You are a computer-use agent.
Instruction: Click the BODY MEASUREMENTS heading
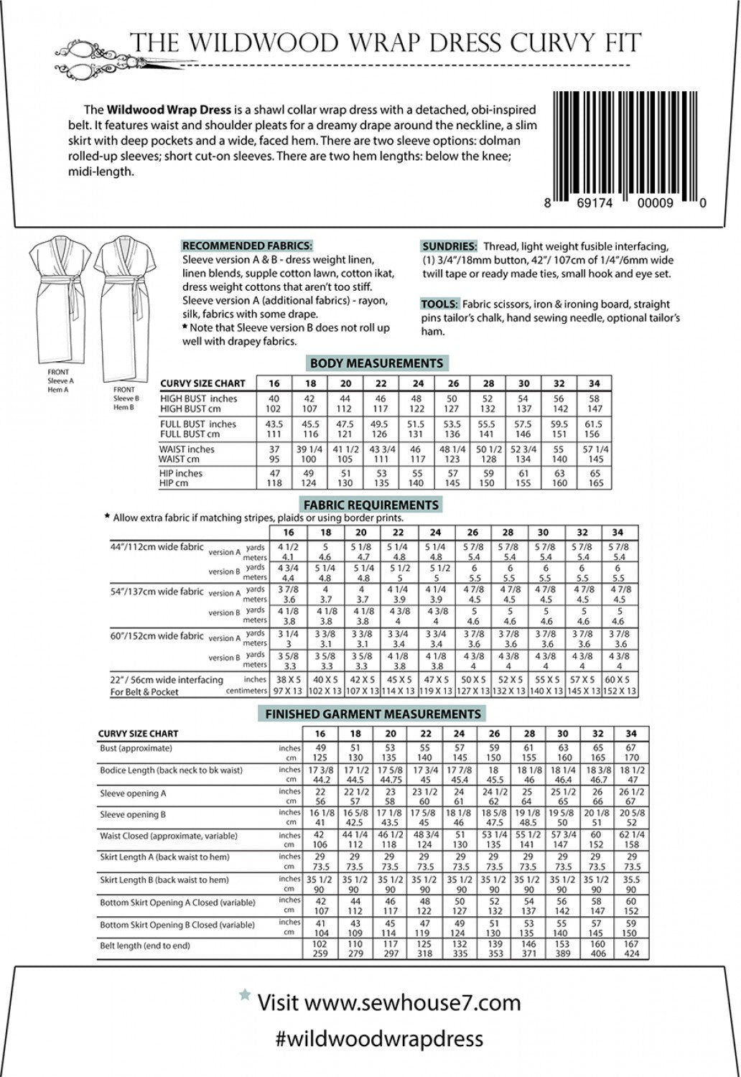tap(376, 363)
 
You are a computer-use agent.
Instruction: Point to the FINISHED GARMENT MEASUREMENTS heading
tap(373, 714)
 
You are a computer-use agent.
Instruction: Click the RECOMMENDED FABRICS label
tap(247, 246)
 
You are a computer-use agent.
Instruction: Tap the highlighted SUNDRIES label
tap(449, 246)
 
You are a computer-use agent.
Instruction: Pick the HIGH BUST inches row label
tap(198, 398)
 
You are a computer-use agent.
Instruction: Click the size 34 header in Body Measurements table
tap(594, 383)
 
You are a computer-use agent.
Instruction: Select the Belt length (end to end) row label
tap(145, 946)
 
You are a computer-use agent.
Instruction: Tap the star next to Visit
tap(245, 994)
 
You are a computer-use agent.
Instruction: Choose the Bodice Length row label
tap(171, 770)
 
